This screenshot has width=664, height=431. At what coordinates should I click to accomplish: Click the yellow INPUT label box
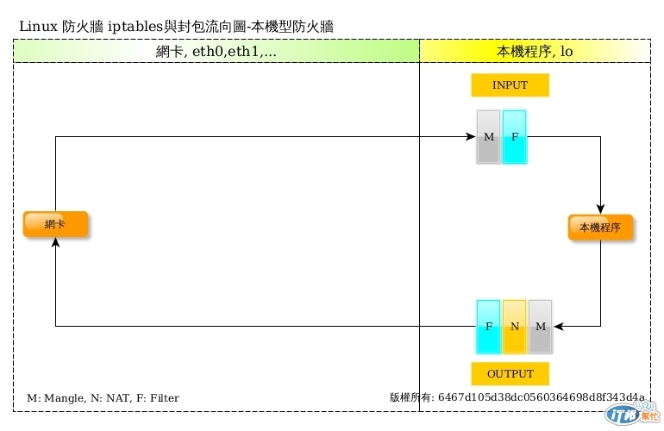[x=510, y=86]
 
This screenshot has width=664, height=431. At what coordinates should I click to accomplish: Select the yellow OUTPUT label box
[x=510, y=374]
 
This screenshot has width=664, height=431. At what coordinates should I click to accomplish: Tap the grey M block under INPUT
[x=488, y=137]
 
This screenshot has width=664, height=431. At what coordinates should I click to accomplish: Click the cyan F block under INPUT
[x=514, y=137]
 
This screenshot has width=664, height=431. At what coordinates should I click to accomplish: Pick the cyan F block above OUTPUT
[x=488, y=326]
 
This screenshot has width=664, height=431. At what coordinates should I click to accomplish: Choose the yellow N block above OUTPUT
[x=514, y=326]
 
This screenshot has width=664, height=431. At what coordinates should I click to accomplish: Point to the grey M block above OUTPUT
[x=540, y=326]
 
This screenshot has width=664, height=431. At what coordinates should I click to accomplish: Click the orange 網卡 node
[x=56, y=224]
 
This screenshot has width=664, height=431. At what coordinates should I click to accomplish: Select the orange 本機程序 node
[x=600, y=228]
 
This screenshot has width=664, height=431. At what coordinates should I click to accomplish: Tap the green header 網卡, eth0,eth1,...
[x=216, y=52]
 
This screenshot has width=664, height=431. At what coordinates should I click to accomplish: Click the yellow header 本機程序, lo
[x=535, y=52]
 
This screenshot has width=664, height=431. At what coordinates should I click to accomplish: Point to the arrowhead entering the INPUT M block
[x=471, y=136]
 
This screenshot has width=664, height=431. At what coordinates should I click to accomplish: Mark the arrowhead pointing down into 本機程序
[x=600, y=209]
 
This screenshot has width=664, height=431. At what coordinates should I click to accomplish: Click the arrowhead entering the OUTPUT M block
[x=559, y=326]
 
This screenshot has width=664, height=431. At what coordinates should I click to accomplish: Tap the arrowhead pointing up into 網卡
[x=56, y=244]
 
